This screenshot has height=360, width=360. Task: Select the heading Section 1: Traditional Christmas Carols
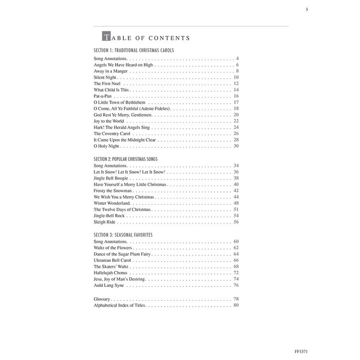coord(134,50)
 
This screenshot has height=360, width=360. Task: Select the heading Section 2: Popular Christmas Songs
coord(129,158)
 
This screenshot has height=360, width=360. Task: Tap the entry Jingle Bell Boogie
coord(113,178)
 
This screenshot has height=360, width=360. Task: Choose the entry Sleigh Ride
coord(106,221)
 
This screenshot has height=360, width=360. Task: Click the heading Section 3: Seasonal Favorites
coord(123,234)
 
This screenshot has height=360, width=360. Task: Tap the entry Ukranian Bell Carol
coord(115,260)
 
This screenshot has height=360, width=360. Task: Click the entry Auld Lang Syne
coord(109,285)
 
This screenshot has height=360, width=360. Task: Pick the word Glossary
coord(103,299)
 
